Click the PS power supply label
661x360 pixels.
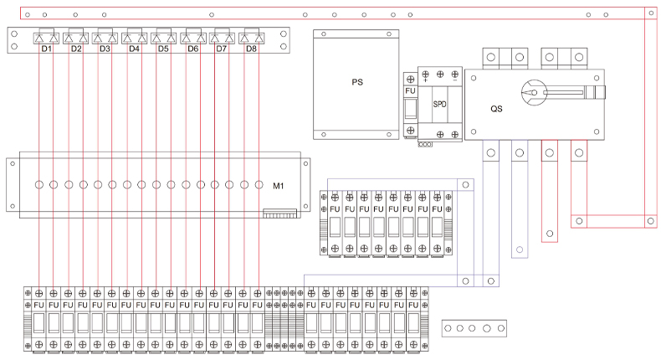(356, 82)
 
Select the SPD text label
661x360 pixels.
(439, 104)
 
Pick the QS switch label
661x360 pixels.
(496, 109)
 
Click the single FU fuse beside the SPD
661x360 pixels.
(410, 91)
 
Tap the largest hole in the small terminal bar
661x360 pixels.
(487, 328)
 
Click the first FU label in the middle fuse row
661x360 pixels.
(335, 208)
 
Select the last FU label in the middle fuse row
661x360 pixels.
(436, 208)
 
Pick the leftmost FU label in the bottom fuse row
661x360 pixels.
(39, 305)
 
